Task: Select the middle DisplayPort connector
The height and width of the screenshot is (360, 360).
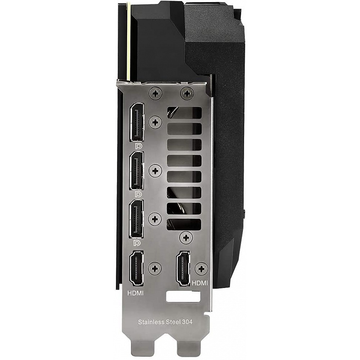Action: [137, 171]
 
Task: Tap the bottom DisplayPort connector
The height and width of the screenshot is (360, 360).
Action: [137, 219]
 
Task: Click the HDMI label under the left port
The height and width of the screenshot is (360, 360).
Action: [135, 293]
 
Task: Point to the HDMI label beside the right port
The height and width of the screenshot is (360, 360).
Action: [200, 283]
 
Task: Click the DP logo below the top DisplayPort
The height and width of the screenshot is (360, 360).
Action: [139, 146]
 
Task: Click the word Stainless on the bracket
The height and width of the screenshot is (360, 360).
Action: [150, 322]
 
